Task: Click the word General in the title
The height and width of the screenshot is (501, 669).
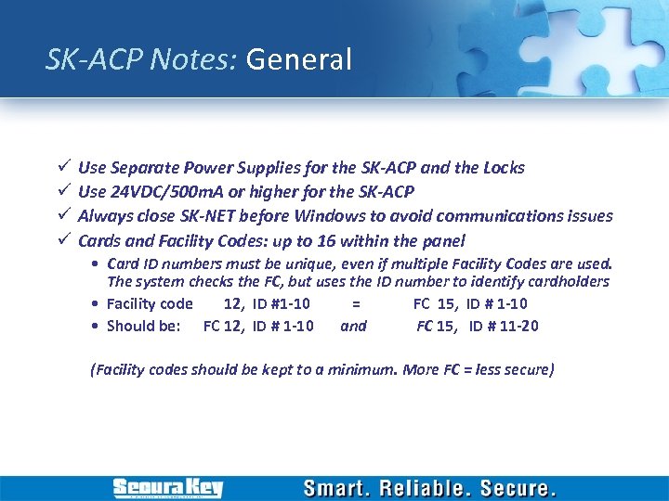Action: (299, 60)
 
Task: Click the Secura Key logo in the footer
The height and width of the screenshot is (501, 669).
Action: (167, 488)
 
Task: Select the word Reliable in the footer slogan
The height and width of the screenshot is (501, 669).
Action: (431, 488)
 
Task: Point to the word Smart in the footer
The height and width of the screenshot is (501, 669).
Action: (338, 488)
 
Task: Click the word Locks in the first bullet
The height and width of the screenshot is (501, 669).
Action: (504, 168)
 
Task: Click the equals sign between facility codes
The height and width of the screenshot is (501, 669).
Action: (355, 303)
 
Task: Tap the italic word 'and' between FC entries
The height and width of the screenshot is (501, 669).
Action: (353, 326)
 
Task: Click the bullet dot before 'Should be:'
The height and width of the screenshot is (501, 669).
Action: (97, 326)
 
